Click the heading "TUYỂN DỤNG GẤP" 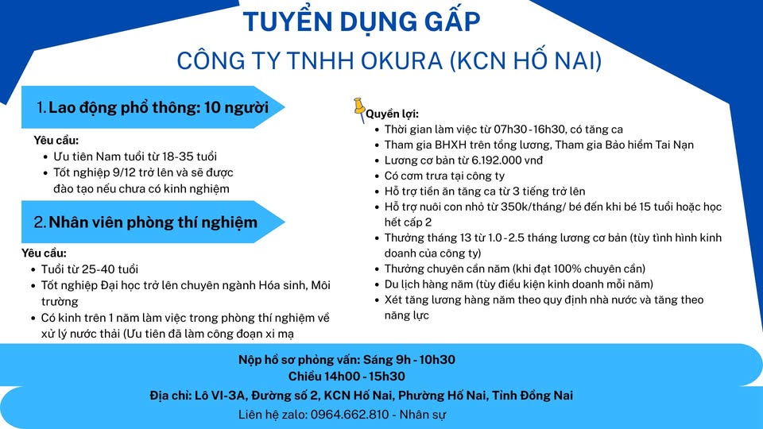[x=362, y=21]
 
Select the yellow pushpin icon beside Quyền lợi [x=359, y=110]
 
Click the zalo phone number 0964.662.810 [x=350, y=415]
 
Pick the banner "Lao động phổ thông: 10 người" [x=153, y=107]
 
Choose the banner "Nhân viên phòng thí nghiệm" [x=153, y=222]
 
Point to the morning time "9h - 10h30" [x=425, y=360]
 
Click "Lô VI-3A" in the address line [x=219, y=396]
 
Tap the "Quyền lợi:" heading [x=392, y=114]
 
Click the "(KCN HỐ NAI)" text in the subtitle [x=526, y=61]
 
